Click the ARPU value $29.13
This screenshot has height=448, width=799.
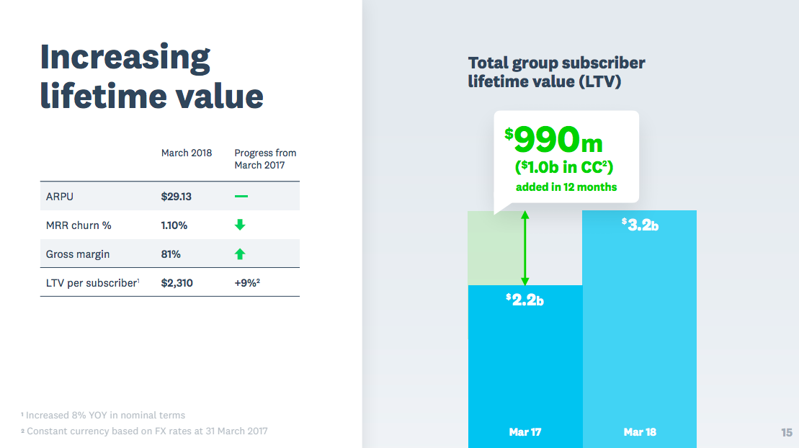(x=177, y=197)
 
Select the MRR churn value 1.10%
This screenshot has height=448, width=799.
(x=174, y=225)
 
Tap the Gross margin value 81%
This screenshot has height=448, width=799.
(x=171, y=254)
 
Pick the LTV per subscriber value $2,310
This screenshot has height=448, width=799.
(x=177, y=283)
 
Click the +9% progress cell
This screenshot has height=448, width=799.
(x=246, y=283)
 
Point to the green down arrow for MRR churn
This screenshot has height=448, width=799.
(x=241, y=225)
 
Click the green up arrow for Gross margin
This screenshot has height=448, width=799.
(x=241, y=254)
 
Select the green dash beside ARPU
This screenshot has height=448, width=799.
(x=241, y=197)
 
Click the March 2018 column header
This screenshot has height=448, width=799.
(x=187, y=153)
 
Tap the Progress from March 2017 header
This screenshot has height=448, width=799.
(x=265, y=158)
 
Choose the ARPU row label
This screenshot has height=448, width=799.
(x=60, y=197)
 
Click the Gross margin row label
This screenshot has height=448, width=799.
(x=78, y=254)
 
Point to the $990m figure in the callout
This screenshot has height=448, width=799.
(x=554, y=140)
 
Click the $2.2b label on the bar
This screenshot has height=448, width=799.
(x=525, y=300)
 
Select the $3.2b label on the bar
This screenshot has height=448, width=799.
(x=640, y=225)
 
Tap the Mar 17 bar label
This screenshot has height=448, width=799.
(x=525, y=432)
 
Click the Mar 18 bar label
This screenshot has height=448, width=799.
(x=640, y=432)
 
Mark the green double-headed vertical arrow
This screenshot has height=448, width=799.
(x=525, y=248)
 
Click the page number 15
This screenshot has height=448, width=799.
(x=786, y=432)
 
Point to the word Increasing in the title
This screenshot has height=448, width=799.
(x=125, y=57)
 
